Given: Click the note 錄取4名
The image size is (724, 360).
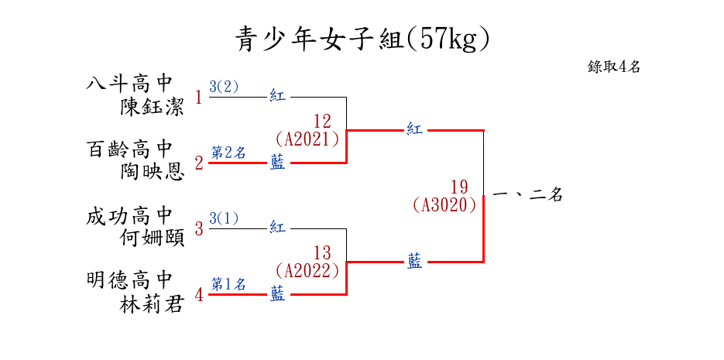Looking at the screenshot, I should pyautogui.click(x=614, y=67).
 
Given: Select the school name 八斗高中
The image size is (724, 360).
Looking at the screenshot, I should pyautogui.click(x=129, y=84).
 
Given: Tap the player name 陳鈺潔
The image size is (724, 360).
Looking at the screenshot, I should pyautogui.click(x=152, y=107).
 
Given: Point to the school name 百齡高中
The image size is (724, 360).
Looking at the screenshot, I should pyautogui.click(x=129, y=149).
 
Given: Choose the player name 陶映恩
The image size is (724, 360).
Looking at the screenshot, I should pyautogui.click(x=152, y=172).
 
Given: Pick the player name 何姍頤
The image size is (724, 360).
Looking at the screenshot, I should pyautogui.click(x=152, y=238).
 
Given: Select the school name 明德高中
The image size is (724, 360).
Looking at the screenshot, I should pyautogui.click(x=129, y=280).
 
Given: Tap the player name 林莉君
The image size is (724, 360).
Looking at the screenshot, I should pyautogui.click(x=152, y=304).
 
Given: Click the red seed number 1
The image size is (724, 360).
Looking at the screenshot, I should pyautogui.click(x=199, y=98).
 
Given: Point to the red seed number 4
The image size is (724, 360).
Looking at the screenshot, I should pyautogui.click(x=199, y=295).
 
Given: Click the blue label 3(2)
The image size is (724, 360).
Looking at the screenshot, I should pyautogui.click(x=225, y=87).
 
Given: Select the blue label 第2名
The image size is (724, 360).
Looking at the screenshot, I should pyautogui.click(x=228, y=153).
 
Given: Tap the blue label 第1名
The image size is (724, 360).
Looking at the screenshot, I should pyautogui.click(x=228, y=284).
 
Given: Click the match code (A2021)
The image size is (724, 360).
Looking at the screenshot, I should pyautogui.click(x=308, y=139).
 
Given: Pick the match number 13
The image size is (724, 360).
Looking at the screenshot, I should pyautogui.click(x=322, y=253).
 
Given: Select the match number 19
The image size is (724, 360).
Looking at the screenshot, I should pyautogui.click(x=459, y=187).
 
